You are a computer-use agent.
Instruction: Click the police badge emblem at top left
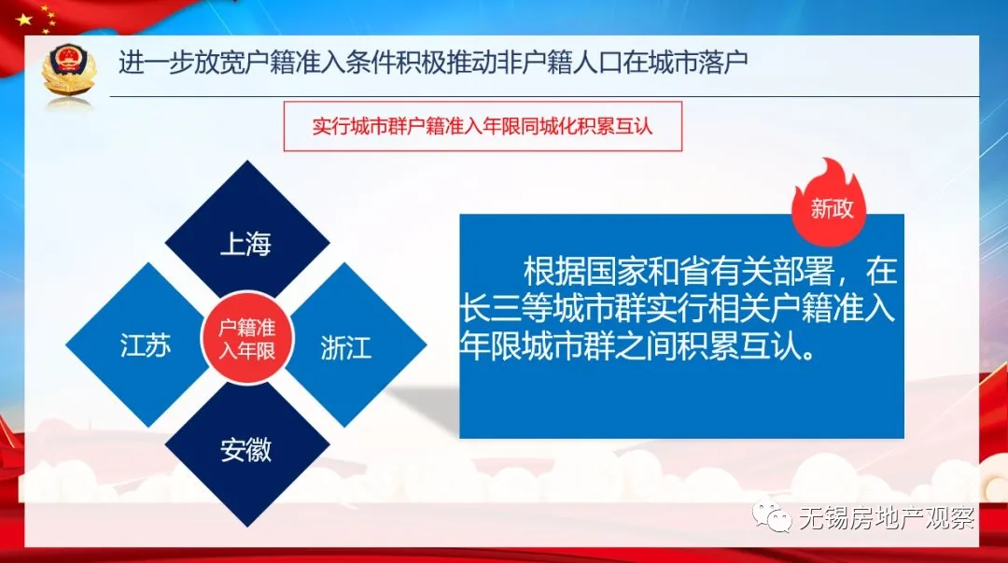(x=69, y=70)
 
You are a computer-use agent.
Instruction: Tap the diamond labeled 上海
(x=246, y=244)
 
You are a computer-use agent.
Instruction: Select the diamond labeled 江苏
(x=146, y=346)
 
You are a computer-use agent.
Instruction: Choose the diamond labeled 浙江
(x=346, y=347)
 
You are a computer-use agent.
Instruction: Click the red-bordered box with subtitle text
(x=483, y=127)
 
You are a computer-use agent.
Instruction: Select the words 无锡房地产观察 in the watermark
(x=886, y=519)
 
